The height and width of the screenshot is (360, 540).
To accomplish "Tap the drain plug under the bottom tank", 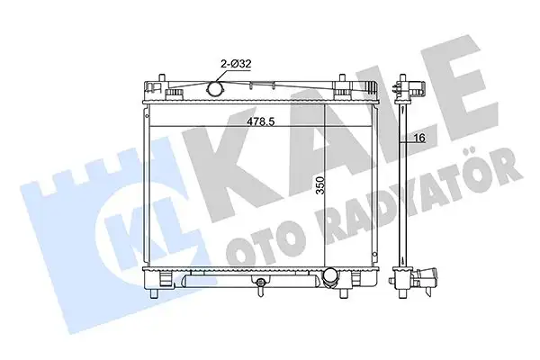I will [260, 287].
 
